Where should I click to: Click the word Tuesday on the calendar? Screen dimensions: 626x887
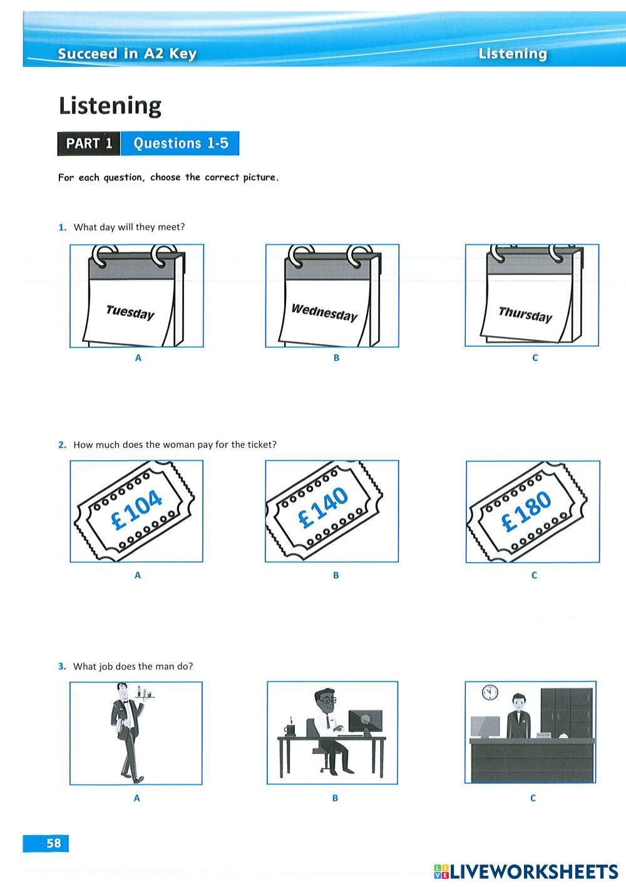point(130,312)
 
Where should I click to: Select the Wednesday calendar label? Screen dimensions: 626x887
point(324,312)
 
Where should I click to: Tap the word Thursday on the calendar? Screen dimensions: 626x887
point(525,314)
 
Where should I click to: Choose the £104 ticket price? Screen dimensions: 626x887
point(136,510)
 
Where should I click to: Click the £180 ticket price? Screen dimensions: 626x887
point(526,511)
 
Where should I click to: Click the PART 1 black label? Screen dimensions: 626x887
point(89,143)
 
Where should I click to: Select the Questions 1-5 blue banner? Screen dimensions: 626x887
point(180,143)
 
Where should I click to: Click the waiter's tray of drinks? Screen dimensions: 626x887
point(145,701)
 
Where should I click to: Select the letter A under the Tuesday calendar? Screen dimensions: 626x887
point(138,358)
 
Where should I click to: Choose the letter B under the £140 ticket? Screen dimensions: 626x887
point(336,575)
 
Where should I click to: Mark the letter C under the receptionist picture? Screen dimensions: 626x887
point(533,798)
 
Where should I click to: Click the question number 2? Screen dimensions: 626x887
point(62,444)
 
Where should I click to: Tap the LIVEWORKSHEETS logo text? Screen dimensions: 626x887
point(526,871)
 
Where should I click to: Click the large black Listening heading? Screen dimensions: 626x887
point(110,106)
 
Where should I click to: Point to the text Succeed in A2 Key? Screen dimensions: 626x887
point(127,53)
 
